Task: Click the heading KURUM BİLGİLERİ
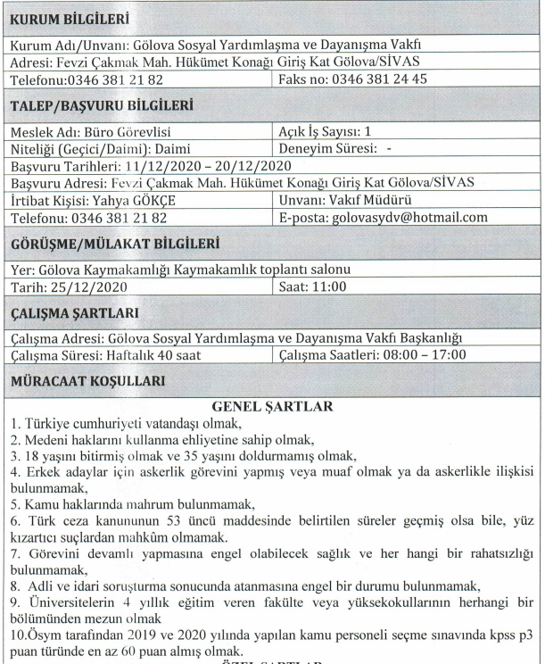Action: tap(70, 18)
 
